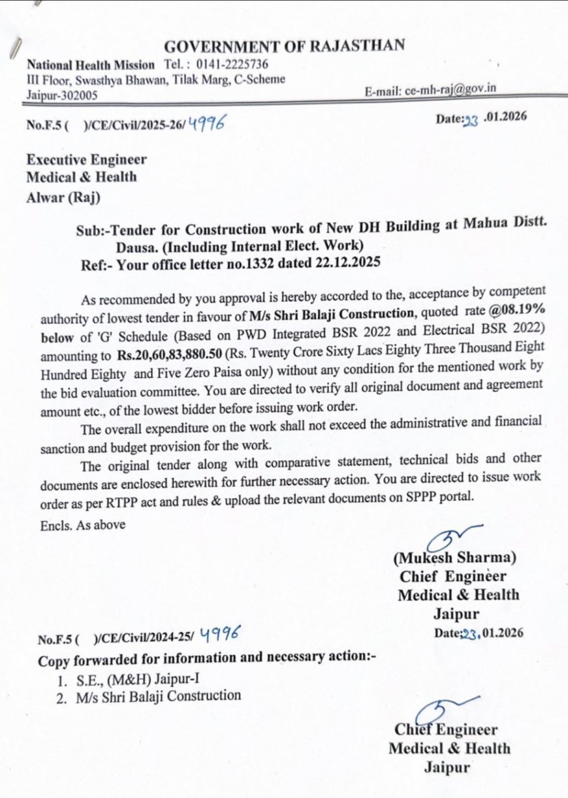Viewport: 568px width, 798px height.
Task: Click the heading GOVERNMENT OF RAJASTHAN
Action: [284, 46]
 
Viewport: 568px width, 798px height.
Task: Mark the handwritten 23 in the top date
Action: [470, 120]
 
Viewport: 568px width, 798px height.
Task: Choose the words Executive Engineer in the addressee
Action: [86, 160]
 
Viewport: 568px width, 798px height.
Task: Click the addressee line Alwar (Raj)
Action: [63, 195]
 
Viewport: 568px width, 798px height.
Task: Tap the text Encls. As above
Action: [82, 524]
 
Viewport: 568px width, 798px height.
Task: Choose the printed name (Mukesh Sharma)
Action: [455, 558]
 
